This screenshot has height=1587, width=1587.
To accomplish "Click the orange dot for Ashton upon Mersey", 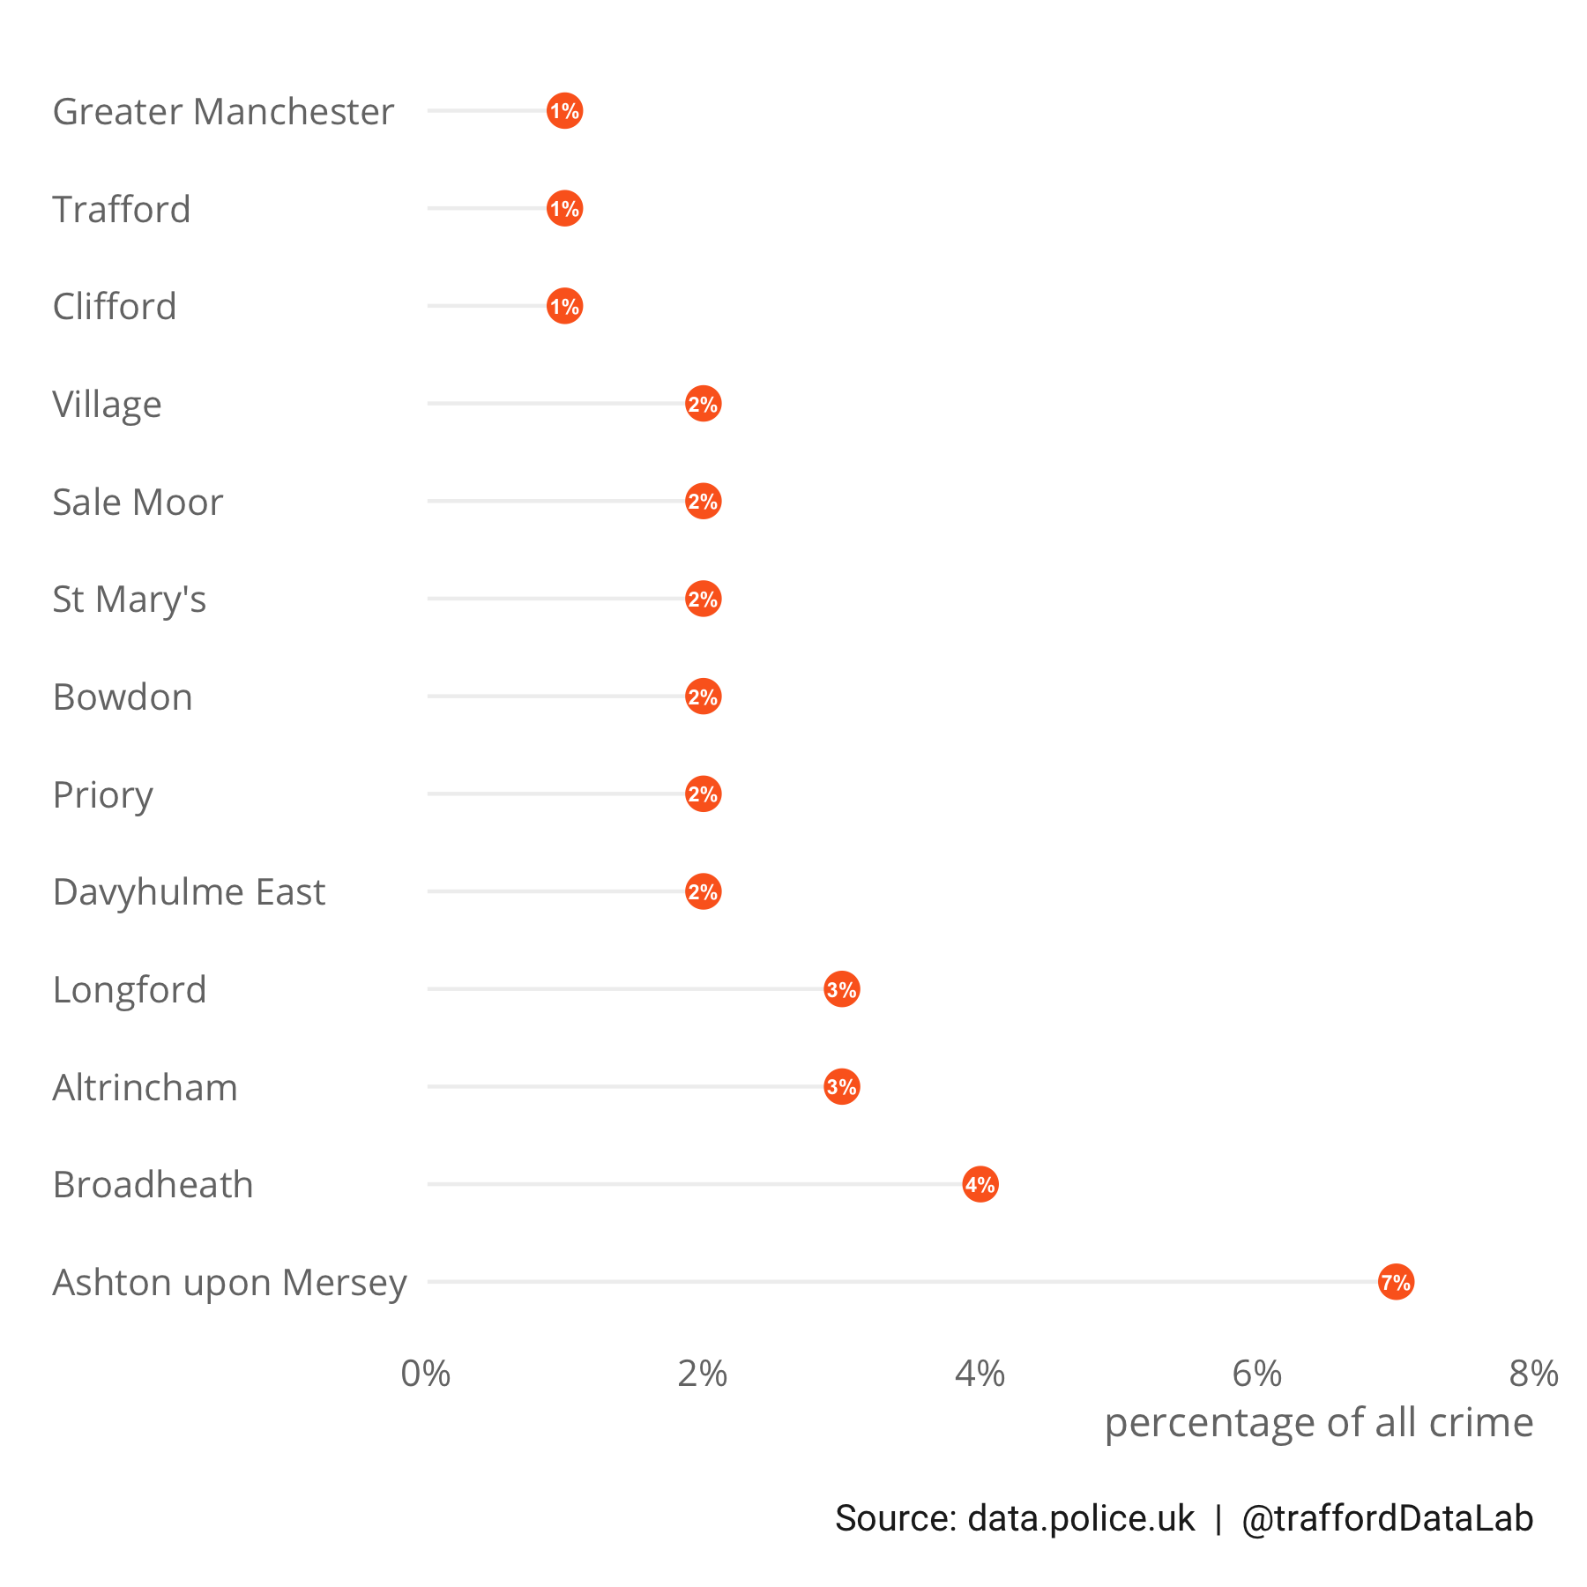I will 1396,1282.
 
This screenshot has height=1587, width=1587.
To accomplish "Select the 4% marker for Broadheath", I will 980,1184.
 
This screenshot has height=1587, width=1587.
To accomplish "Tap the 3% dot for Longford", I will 841,989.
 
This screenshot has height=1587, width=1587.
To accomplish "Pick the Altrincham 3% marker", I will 841,1087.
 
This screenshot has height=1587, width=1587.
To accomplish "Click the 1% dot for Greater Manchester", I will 564,111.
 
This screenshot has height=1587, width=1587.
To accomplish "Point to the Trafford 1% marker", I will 564,209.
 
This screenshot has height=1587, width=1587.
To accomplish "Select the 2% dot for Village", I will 703,404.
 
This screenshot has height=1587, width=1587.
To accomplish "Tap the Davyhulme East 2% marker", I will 703,891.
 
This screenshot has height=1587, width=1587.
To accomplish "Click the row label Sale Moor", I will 138,503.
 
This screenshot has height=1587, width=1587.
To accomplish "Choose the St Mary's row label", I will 129,600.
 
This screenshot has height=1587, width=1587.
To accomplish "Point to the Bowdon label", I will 123,697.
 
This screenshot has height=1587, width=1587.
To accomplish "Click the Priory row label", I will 102,795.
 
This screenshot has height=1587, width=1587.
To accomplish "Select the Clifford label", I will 115,307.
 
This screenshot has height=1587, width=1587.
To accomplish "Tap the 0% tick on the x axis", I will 426,1374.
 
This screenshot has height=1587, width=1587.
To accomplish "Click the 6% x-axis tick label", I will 1256,1374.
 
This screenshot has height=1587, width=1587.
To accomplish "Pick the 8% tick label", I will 1533,1374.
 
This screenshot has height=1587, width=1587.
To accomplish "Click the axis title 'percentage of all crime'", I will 1318,1423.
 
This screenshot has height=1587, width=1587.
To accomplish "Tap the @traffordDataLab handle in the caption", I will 1387,1518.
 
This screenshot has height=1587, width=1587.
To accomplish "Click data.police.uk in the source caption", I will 1081,1518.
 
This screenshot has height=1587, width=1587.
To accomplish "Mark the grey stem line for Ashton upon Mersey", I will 899,1281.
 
